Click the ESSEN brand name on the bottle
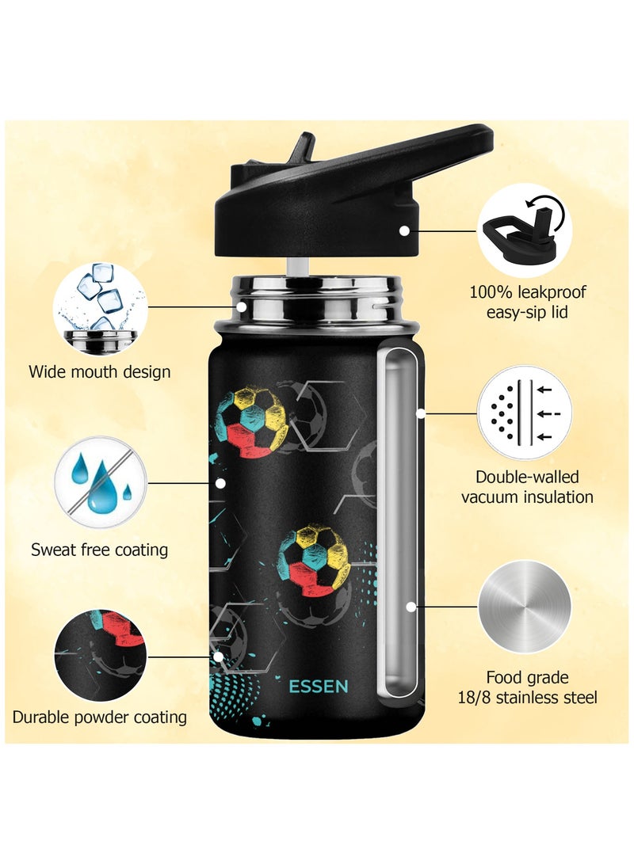(319, 686)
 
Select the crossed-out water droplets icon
(100, 481)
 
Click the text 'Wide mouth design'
(100, 371)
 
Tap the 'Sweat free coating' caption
(100, 549)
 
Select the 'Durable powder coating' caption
(100, 717)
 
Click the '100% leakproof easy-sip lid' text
(528, 302)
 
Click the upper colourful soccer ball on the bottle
(251, 421)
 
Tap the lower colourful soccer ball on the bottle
(315, 560)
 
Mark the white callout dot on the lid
(404, 230)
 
